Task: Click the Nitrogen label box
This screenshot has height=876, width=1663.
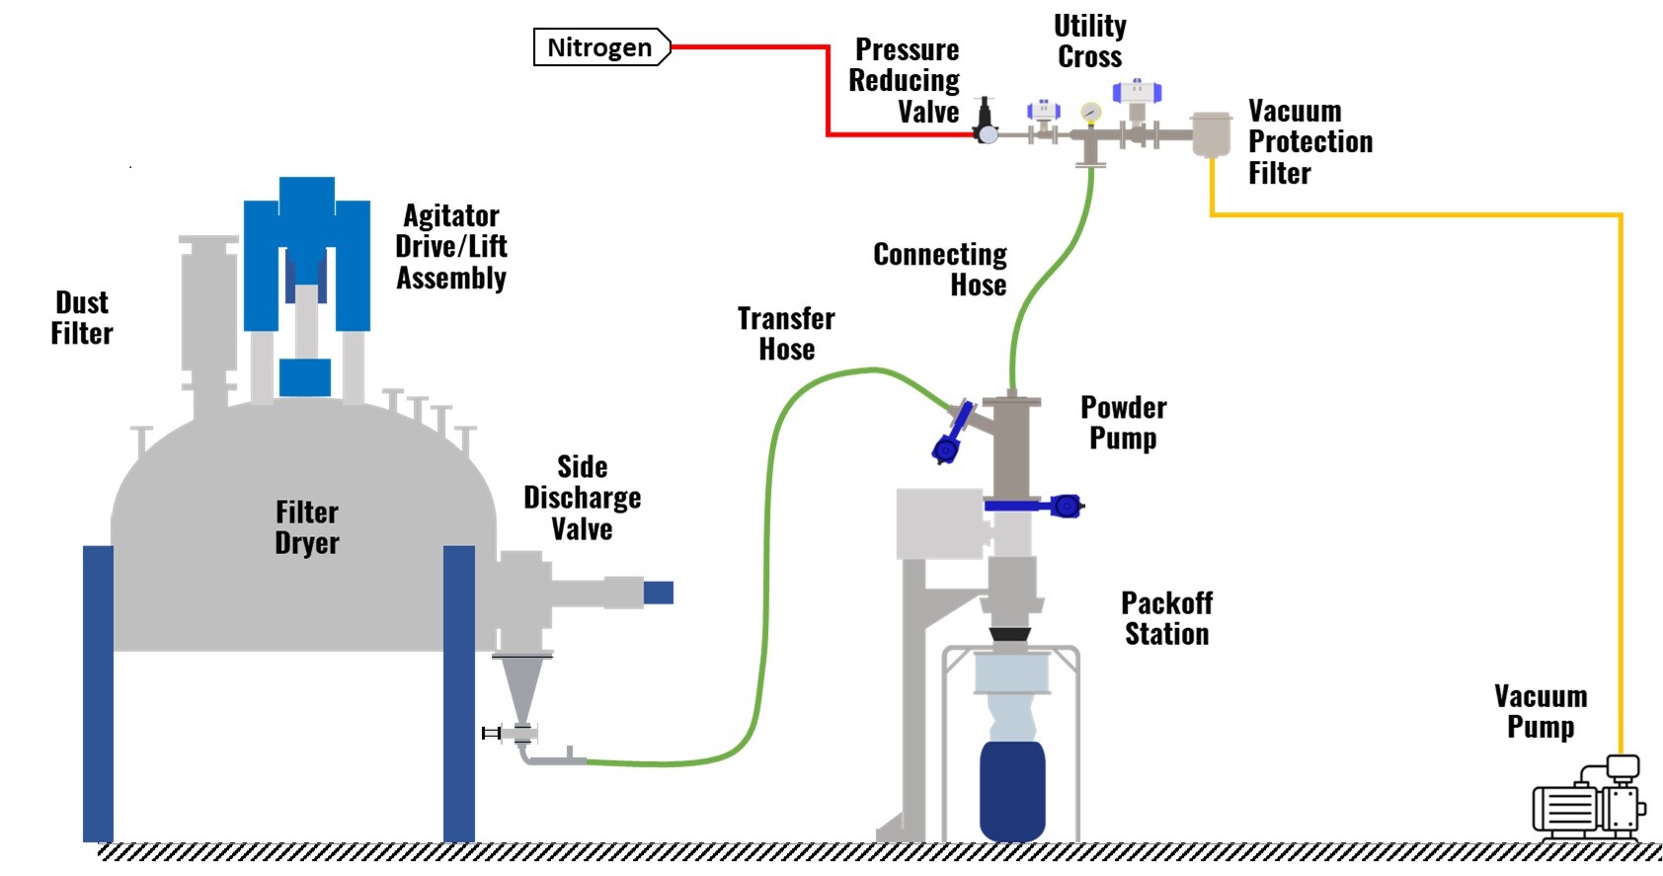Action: (x=600, y=47)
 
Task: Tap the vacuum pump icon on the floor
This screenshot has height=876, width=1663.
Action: (x=1588, y=802)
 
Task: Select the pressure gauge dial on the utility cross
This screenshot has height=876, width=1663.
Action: (x=1090, y=113)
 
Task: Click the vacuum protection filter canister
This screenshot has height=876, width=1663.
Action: (x=1211, y=134)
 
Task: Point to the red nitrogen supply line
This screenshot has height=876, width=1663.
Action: (x=828, y=89)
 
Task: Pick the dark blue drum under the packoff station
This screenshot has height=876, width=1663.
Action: (x=1012, y=790)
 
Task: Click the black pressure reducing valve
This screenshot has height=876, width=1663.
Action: (x=985, y=120)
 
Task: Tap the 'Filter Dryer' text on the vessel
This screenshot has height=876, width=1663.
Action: (x=307, y=527)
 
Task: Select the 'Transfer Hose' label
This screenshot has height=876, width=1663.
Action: (x=786, y=334)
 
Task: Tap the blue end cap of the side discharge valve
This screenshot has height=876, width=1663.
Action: (x=658, y=593)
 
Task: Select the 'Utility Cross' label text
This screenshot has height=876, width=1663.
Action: (x=1090, y=41)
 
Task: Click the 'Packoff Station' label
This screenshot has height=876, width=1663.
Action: (x=1166, y=618)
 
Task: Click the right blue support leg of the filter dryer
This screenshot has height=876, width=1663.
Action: (x=459, y=691)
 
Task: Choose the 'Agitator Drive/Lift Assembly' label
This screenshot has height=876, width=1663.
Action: (x=451, y=247)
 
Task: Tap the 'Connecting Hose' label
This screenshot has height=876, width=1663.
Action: (x=940, y=270)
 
